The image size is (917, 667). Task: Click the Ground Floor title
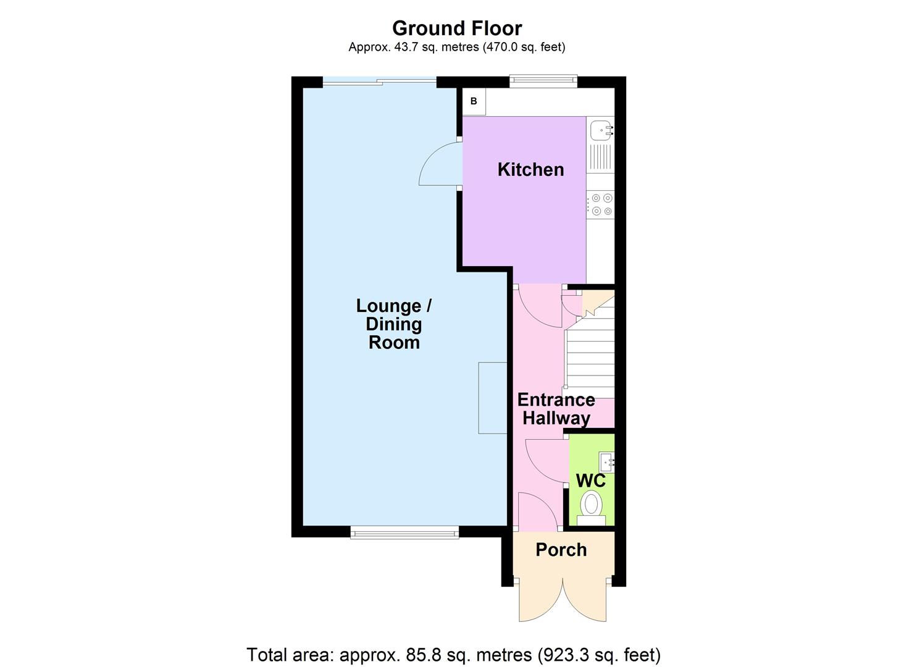[x=457, y=28]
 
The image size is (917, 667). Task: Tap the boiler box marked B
[x=474, y=101]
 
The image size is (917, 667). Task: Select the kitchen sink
[x=601, y=130]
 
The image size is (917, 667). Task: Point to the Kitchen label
[x=530, y=170]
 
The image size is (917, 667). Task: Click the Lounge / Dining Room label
[x=394, y=324]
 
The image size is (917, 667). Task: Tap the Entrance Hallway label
[x=556, y=409]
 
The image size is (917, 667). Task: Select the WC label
[x=590, y=480]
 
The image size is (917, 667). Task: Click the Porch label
[x=561, y=550]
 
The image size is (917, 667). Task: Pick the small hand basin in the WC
[x=606, y=461]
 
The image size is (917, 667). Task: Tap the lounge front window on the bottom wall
[x=404, y=532]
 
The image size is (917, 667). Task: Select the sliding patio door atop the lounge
[x=379, y=81]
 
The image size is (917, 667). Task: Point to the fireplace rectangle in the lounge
[x=492, y=398]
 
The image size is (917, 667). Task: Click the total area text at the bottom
[x=454, y=655]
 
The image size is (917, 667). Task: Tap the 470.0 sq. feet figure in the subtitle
[x=523, y=47]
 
